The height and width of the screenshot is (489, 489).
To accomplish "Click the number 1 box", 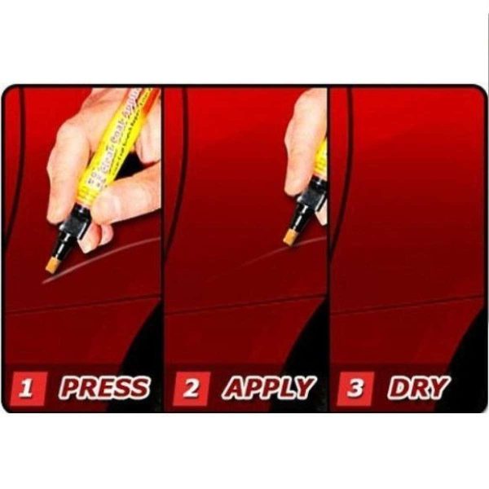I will tap(28, 388).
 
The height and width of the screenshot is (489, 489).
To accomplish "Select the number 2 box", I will tap(191, 388).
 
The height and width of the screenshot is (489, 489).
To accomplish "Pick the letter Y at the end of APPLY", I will tap(303, 388).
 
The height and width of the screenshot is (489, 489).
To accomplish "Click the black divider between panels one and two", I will tap(162, 244).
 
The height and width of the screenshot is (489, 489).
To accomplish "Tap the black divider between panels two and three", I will tap(328, 244).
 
